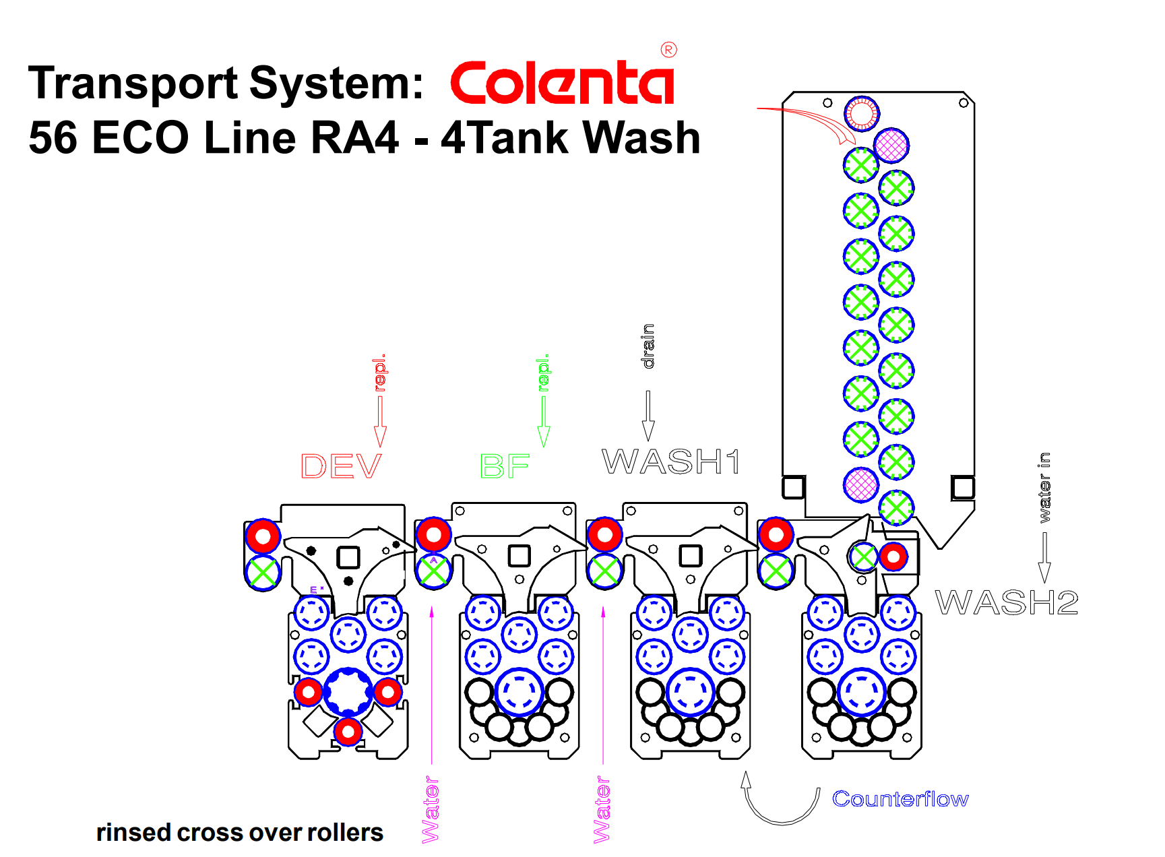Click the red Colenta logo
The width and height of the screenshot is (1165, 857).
click(x=562, y=82)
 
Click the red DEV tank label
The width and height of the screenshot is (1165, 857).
click(x=341, y=466)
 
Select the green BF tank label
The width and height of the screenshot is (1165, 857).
click(x=505, y=466)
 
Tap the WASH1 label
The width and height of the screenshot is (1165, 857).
click(x=671, y=462)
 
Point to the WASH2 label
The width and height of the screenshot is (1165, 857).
click(x=1007, y=602)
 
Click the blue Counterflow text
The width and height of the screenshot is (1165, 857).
click(x=900, y=799)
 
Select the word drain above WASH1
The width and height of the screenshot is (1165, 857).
click(x=648, y=346)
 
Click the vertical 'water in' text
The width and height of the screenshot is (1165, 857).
click(x=1044, y=487)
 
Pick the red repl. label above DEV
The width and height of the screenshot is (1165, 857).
click(x=380, y=373)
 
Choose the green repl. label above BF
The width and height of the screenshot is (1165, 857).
click(x=543, y=373)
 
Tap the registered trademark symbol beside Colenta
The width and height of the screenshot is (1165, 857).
click(x=668, y=50)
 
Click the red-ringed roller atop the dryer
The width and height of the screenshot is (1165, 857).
click(x=862, y=113)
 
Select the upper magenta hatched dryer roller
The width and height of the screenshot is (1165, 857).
click(x=891, y=146)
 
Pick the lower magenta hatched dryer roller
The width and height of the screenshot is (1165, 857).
click(x=861, y=484)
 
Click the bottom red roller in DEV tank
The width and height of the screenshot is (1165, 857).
click(x=348, y=731)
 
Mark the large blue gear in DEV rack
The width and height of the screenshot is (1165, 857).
click(x=348, y=692)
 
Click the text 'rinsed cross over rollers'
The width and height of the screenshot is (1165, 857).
click(x=240, y=833)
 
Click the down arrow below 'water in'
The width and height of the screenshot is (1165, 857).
click(x=1044, y=558)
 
